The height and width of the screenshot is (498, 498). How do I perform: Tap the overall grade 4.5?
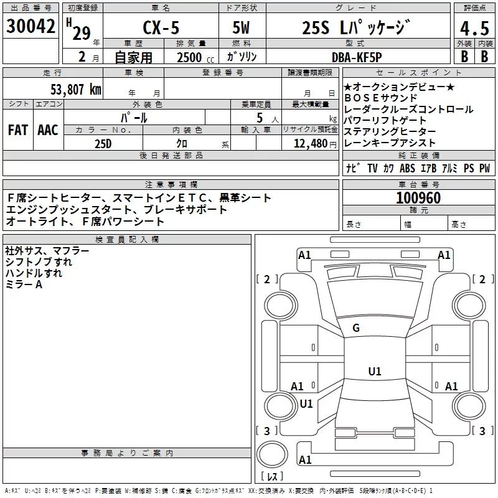point(475,29)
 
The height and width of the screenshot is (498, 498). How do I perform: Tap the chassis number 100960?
point(418,199)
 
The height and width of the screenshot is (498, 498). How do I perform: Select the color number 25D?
point(103,144)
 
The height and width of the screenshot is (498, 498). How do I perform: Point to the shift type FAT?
point(17,130)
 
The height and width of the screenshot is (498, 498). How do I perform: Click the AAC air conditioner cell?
point(47,130)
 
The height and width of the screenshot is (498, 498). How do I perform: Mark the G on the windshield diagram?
point(356,328)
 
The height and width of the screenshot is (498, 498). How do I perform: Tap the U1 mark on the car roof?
point(375,372)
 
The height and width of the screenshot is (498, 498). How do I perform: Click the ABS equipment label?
point(407,168)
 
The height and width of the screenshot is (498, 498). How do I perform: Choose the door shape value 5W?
point(241,29)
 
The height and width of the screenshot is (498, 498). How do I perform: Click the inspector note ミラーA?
point(24,284)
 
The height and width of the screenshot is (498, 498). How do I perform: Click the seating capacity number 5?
point(258,118)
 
